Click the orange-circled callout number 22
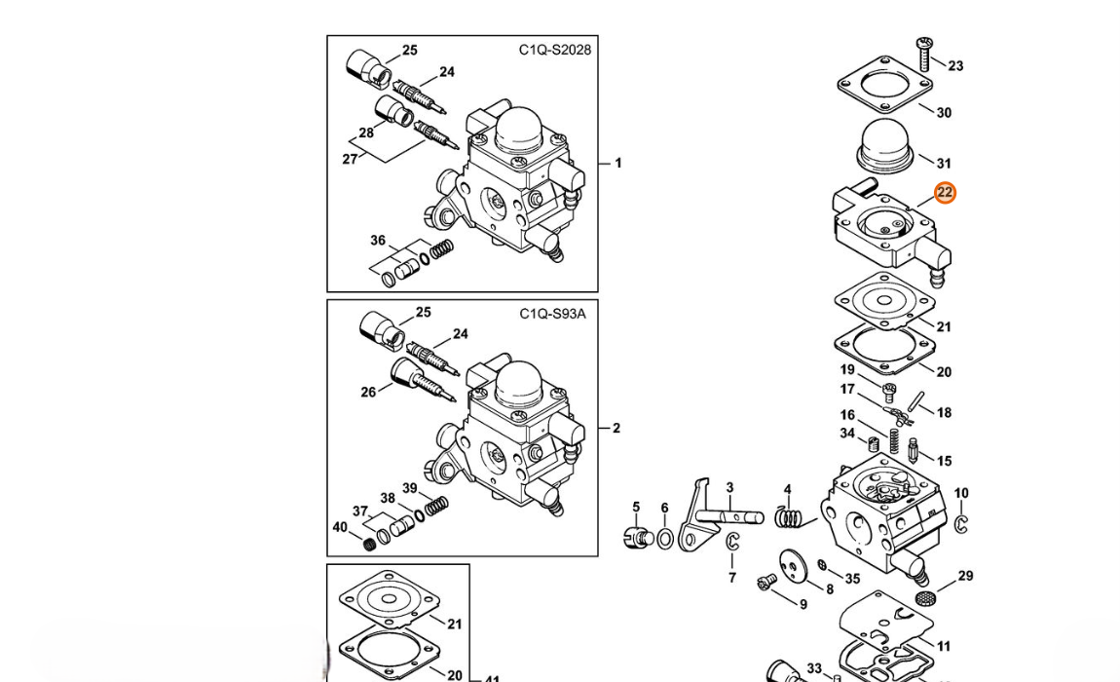pyautogui.click(x=945, y=192)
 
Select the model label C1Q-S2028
pyautogui.click(x=555, y=50)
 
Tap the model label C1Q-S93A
pyautogui.click(x=552, y=313)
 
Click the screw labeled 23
pyautogui.click(x=923, y=53)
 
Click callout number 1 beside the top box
pyautogui.click(x=617, y=163)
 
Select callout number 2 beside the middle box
pyautogui.click(x=616, y=428)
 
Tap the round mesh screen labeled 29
pyautogui.click(x=926, y=597)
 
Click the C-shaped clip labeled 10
pyautogui.click(x=959, y=523)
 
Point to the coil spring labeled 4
pyautogui.click(x=789, y=516)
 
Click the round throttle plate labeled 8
pyautogui.click(x=793, y=565)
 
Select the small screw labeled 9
pyautogui.click(x=766, y=583)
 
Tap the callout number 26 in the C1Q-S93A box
pyautogui.click(x=368, y=392)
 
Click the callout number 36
pyautogui.click(x=378, y=241)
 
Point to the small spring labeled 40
pyautogui.click(x=369, y=544)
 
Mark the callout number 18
pyautogui.click(x=944, y=412)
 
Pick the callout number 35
pyautogui.click(x=853, y=579)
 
